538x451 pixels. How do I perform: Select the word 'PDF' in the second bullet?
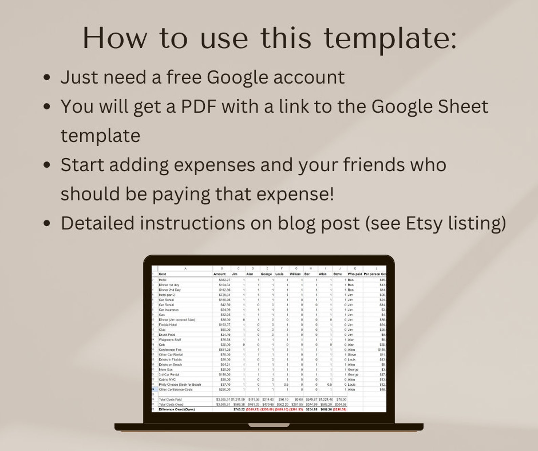pyautogui.click(x=199, y=106)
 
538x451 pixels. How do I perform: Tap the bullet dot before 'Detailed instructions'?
pyautogui.click(x=47, y=224)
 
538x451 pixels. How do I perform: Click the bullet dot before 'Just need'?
pyautogui.click(x=47, y=78)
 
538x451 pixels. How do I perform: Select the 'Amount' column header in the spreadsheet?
pyautogui.click(x=220, y=274)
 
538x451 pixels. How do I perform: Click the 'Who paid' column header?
pyautogui.click(x=354, y=274)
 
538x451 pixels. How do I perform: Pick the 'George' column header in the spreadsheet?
pyautogui.click(x=266, y=274)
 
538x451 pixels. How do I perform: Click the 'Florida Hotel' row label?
pyautogui.click(x=168, y=325)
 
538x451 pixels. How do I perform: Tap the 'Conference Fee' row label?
pyautogui.click(x=170, y=349)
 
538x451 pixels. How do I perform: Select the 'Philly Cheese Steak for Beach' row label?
pyautogui.click(x=180, y=385)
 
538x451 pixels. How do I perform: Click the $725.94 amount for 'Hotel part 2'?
pyautogui.click(x=225, y=295)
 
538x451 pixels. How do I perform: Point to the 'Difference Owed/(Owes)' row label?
pyautogui.click(x=177, y=409)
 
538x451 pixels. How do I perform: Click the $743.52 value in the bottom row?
pyautogui.click(x=239, y=409)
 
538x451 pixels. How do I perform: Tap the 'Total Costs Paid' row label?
pyautogui.click(x=170, y=399)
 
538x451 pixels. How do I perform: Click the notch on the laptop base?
pyautogui.click(x=269, y=425)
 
